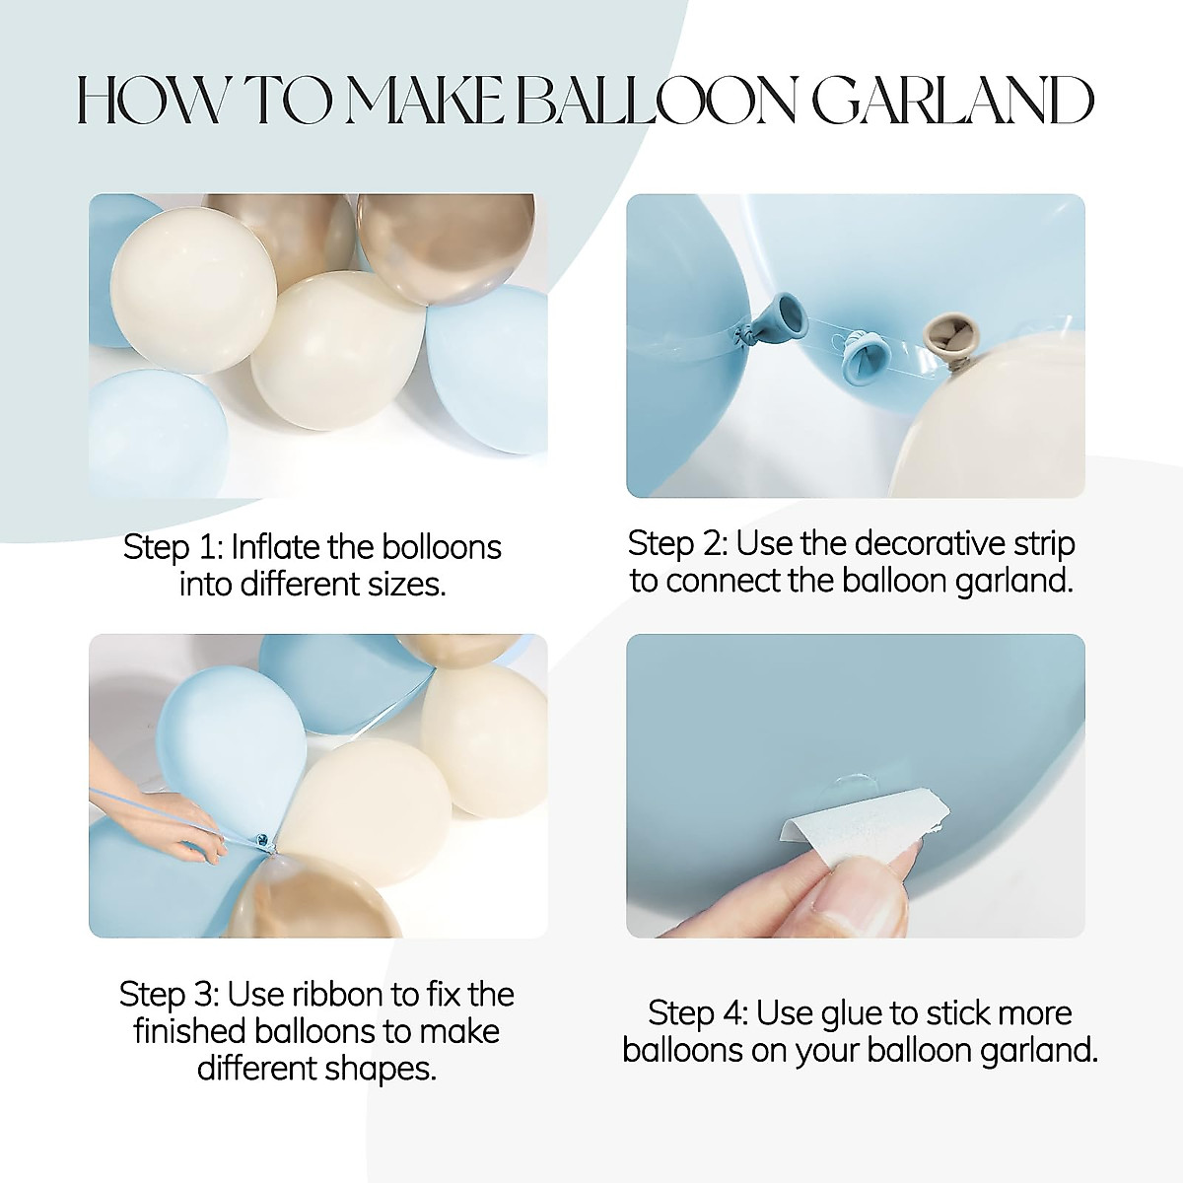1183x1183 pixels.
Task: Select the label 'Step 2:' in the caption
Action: (678, 543)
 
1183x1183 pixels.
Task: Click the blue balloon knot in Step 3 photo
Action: (263, 843)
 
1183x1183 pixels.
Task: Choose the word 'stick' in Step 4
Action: (945, 1013)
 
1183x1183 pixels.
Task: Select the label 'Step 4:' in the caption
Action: (698, 1013)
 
